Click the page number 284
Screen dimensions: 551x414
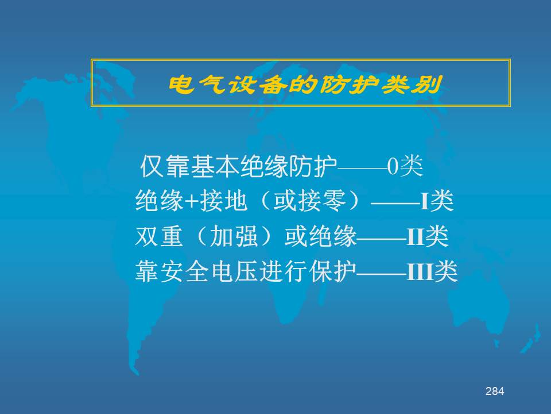495,391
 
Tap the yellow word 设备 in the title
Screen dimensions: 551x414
258,85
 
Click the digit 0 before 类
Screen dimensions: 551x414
393,166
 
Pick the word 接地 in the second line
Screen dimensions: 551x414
223,201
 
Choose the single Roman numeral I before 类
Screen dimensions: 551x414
425,202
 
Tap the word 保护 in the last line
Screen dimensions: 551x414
333,271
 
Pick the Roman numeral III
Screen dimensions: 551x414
420,272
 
